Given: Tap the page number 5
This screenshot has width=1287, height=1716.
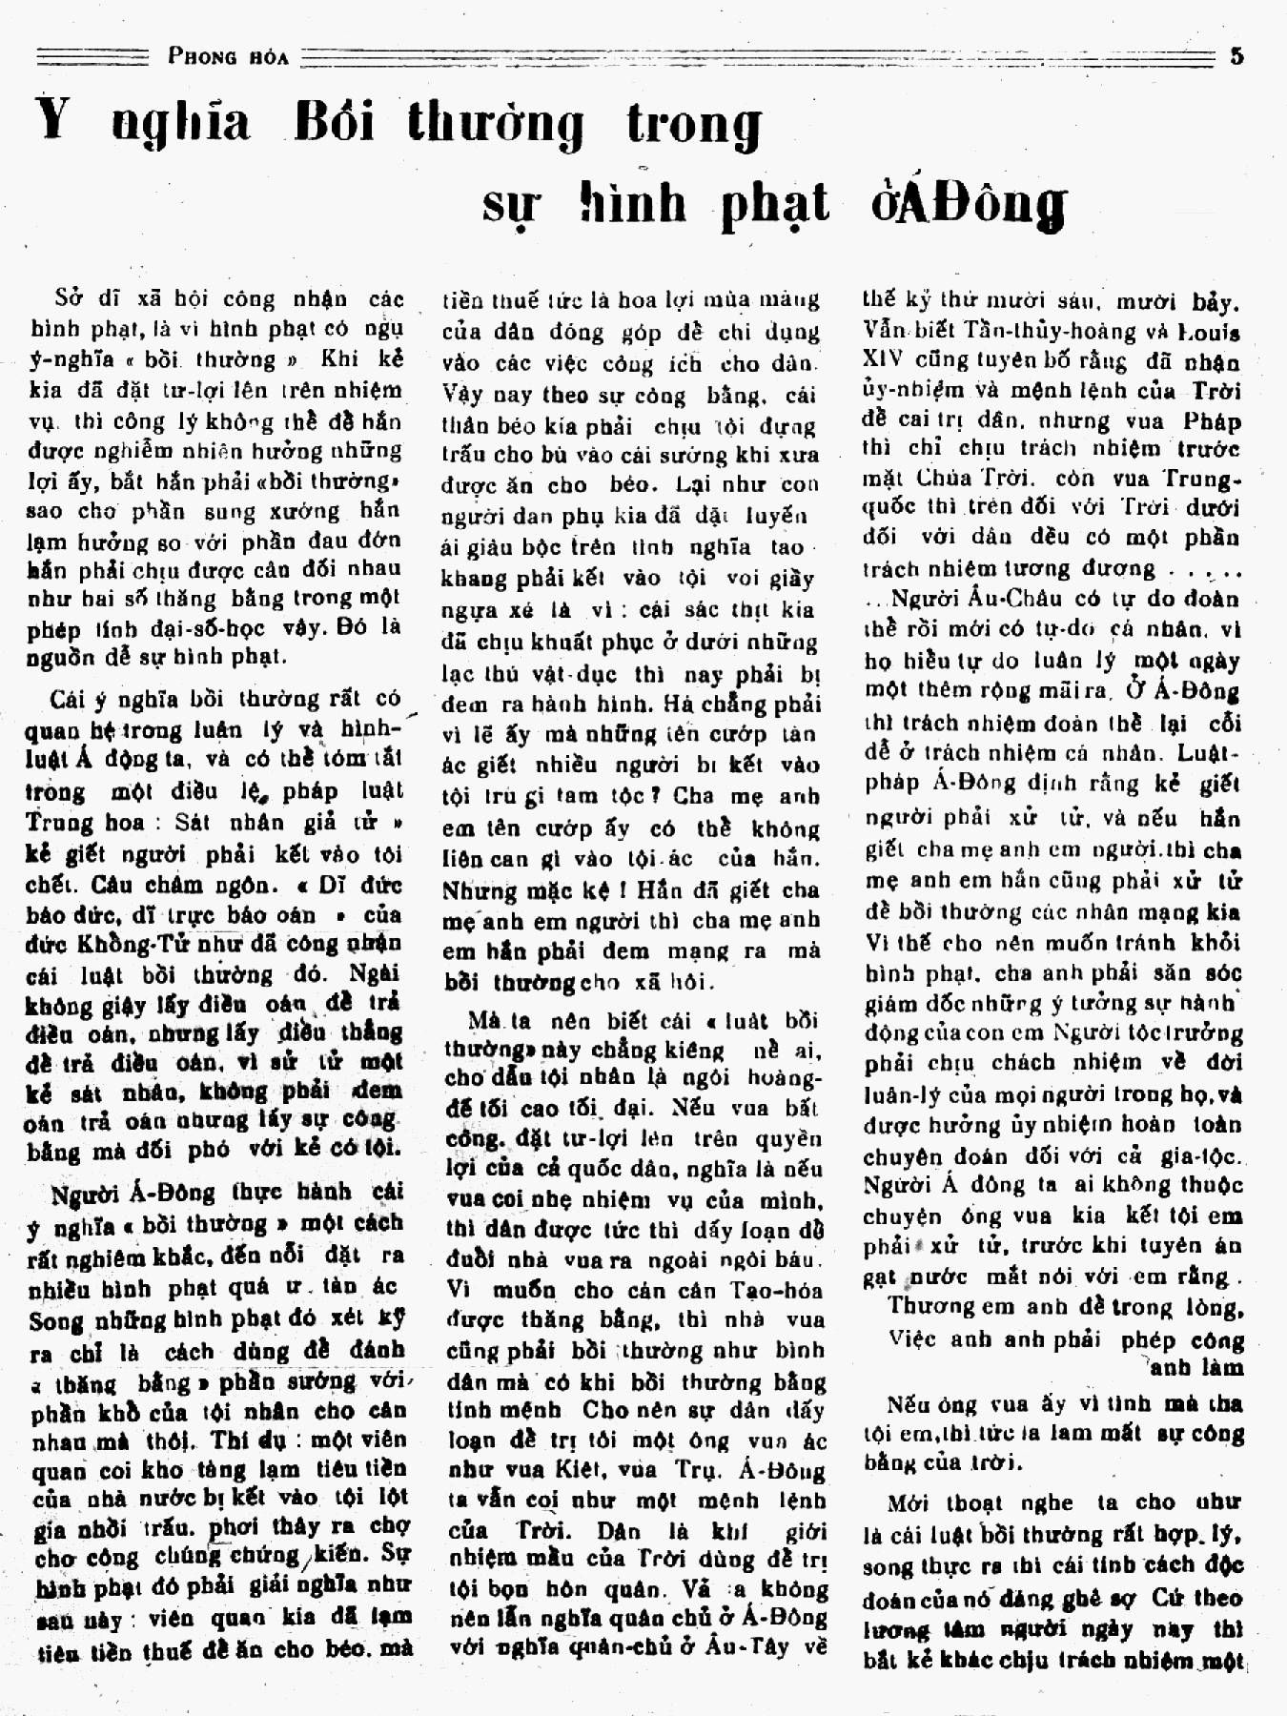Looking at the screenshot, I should (x=1236, y=55).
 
